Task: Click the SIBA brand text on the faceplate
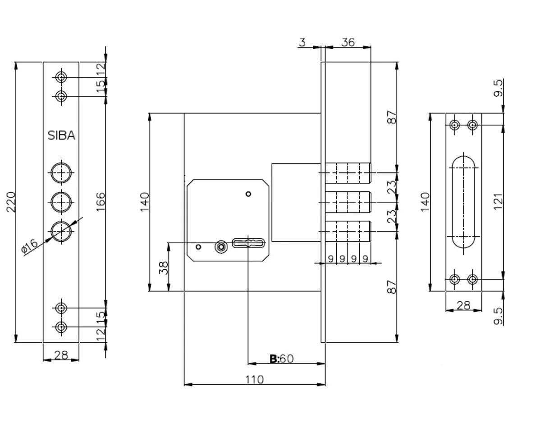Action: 61,136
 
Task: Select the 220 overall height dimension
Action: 11,202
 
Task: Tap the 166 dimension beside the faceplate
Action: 101,202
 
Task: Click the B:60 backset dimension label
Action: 282,358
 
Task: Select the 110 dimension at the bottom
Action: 254,380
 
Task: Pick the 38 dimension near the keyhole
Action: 164,268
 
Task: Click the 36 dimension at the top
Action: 348,42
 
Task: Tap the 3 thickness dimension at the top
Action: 302,42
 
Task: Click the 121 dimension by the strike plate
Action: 498,202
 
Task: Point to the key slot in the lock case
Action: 248,243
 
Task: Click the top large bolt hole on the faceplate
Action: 61,173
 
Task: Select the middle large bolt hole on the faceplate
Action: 61,202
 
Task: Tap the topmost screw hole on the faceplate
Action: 61,77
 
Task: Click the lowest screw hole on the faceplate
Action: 61,327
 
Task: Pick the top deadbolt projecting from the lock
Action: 348,173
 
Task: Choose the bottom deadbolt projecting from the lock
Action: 348,231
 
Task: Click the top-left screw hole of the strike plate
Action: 454,125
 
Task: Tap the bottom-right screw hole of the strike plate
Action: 472,279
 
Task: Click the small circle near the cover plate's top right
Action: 248,194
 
